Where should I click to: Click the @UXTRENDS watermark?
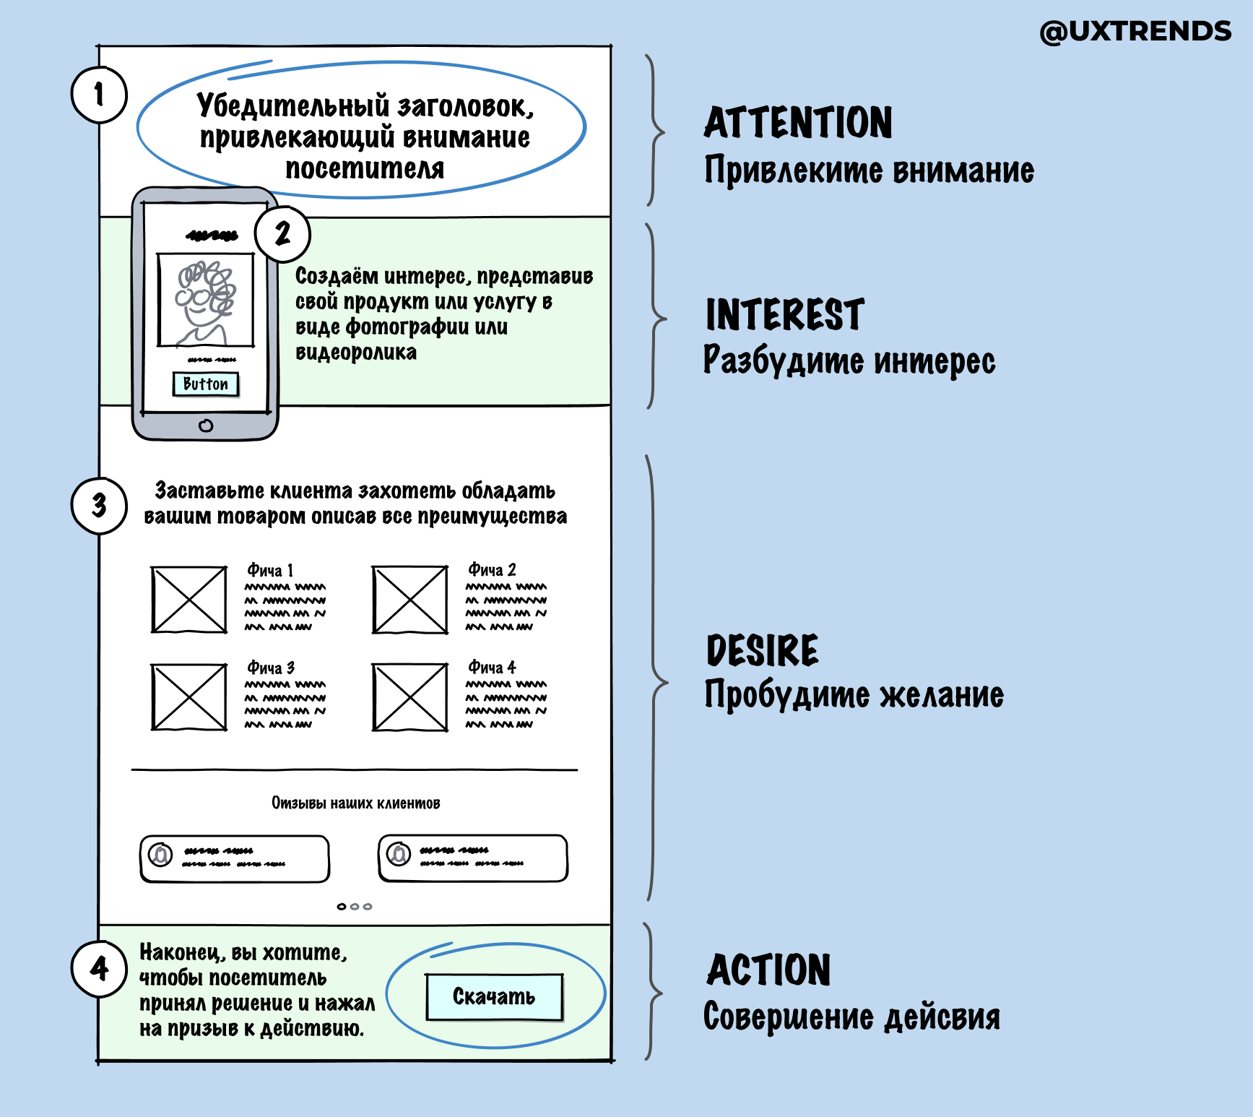click(x=1135, y=32)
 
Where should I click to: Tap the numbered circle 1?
click(x=99, y=95)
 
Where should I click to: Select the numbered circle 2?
click(x=282, y=233)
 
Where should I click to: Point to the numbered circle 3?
click(x=99, y=506)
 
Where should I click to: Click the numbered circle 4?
click(x=99, y=969)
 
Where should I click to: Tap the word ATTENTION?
click(x=798, y=123)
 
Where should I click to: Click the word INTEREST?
click(x=784, y=315)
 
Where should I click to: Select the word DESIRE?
click(x=763, y=650)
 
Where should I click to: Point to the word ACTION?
click(x=768, y=970)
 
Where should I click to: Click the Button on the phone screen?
click(x=206, y=384)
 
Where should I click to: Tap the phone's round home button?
click(x=206, y=426)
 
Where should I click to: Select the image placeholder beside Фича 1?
click(x=189, y=600)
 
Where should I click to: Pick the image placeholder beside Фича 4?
click(x=410, y=697)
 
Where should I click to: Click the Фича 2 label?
click(x=492, y=570)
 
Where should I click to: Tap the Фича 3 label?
click(x=271, y=668)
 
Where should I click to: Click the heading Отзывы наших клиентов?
click(x=355, y=803)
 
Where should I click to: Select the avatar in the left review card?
click(x=160, y=855)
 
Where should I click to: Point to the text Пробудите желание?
click(x=854, y=695)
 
